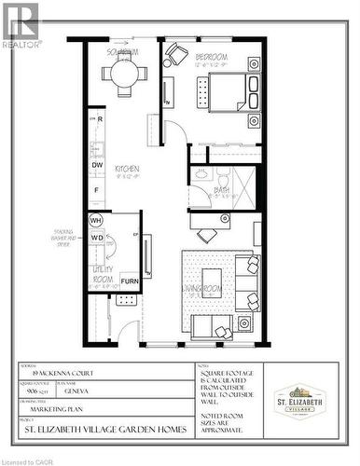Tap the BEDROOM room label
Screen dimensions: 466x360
point(212,58)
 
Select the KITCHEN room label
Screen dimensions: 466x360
point(127,169)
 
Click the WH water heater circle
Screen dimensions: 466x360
point(96,220)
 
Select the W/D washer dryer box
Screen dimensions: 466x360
point(96,237)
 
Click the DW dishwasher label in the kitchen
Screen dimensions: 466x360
point(97,165)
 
